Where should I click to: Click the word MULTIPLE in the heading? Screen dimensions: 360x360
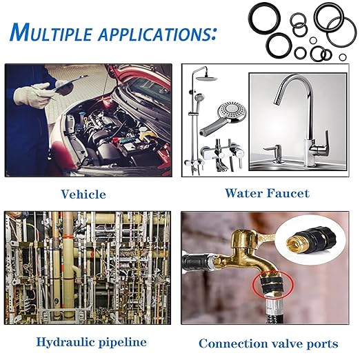pos(50,32)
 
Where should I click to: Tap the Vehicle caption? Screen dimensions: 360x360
pos(83,194)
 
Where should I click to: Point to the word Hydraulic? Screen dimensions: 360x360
pos(66,343)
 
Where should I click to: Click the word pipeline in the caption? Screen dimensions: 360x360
pos(123,343)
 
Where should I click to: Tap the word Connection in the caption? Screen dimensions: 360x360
pos(232,343)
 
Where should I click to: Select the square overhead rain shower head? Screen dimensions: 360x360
pos(207,79)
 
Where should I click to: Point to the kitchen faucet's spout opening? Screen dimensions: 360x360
pos(277,102)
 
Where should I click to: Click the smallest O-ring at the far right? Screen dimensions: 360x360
pos(343,57)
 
